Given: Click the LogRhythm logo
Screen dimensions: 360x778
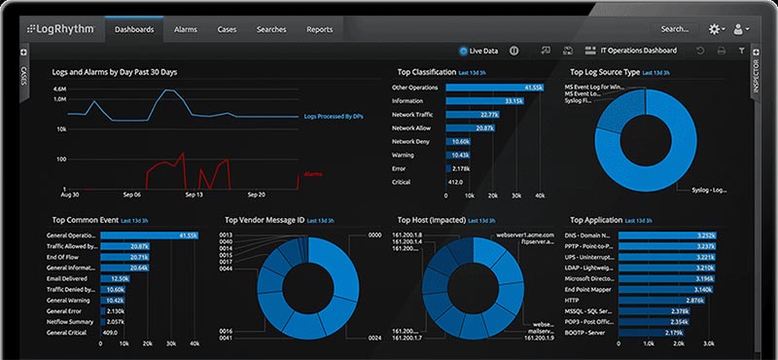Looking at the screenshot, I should click(59, 30).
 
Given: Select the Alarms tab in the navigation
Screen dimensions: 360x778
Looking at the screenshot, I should click(186, 30).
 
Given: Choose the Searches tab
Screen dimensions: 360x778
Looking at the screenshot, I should click(271, 30).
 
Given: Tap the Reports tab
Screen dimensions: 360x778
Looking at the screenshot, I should click(320, 30).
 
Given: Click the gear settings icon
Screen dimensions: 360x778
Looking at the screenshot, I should click(716, 30).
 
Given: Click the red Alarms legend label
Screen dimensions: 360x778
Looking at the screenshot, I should click(313, 174).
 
